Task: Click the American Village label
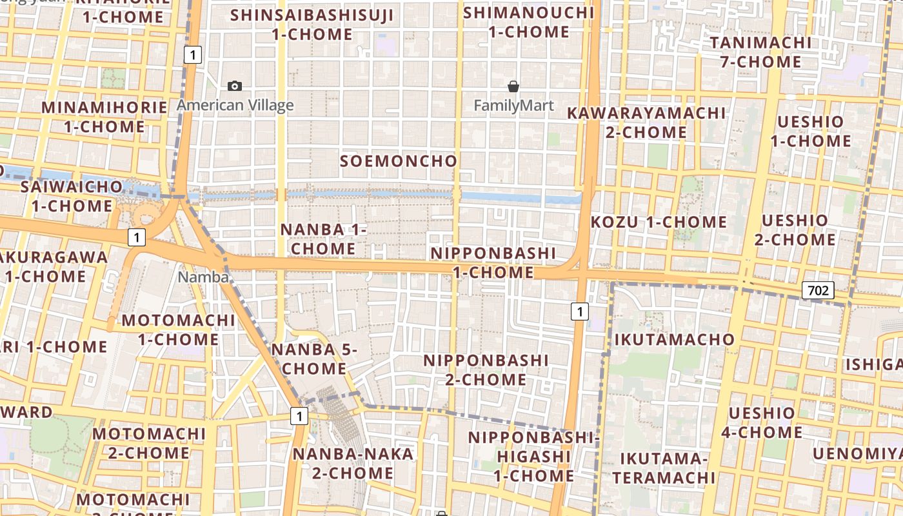[235, 105]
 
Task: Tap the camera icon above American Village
[235, 86]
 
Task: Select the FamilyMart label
[513, 105]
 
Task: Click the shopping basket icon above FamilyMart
[513, 86]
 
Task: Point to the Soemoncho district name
[399, 161]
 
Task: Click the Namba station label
[203, 277]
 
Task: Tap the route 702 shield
[818, 290]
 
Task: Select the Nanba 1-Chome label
[323, 239]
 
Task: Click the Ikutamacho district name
[674, 339]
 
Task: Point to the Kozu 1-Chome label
[659, 223]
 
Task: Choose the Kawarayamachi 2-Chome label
[646, 123]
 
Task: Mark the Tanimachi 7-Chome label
[760, 52]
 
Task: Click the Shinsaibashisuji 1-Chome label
[312, 25]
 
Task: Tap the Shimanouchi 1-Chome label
[529, 22]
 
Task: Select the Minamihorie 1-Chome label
[104, 117]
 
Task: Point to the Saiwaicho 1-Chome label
[72, 197]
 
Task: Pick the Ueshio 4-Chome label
[761, 422]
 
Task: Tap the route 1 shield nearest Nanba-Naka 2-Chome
[299, 416]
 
